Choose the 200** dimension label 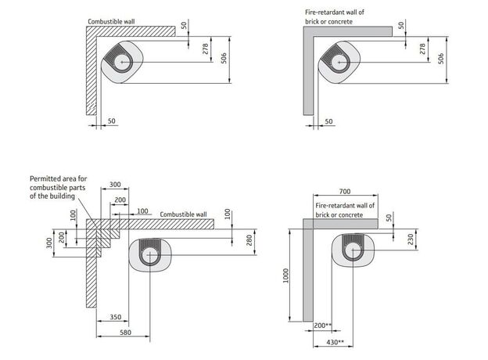pos(321,325)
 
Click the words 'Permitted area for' pos(61,178)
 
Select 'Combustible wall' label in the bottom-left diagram pos(184,214)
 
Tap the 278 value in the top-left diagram pos(206,49)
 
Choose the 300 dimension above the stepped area pos(115,185)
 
